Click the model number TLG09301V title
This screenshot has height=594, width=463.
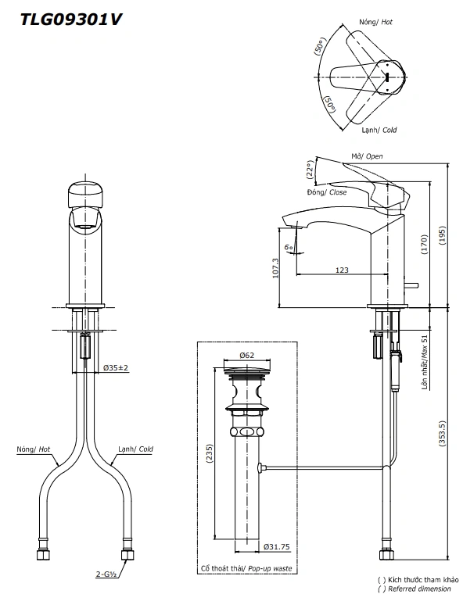[x=71, y=20]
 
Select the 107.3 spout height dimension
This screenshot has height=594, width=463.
[x=275, y=268]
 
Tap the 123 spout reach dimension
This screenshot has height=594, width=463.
[x=342, y=270]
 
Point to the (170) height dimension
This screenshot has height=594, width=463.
[x=424, y=245]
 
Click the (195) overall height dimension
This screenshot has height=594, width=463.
[x=442, y=235]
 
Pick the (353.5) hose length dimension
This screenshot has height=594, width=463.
[x=442, y=433]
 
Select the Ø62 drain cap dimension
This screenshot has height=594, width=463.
[x=247, y=356]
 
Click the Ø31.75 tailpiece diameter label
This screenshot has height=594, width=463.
[x=277, y=546]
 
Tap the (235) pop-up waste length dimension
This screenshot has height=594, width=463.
[x=210, y=453]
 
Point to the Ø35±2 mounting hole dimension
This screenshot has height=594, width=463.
[x=116, y=367]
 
